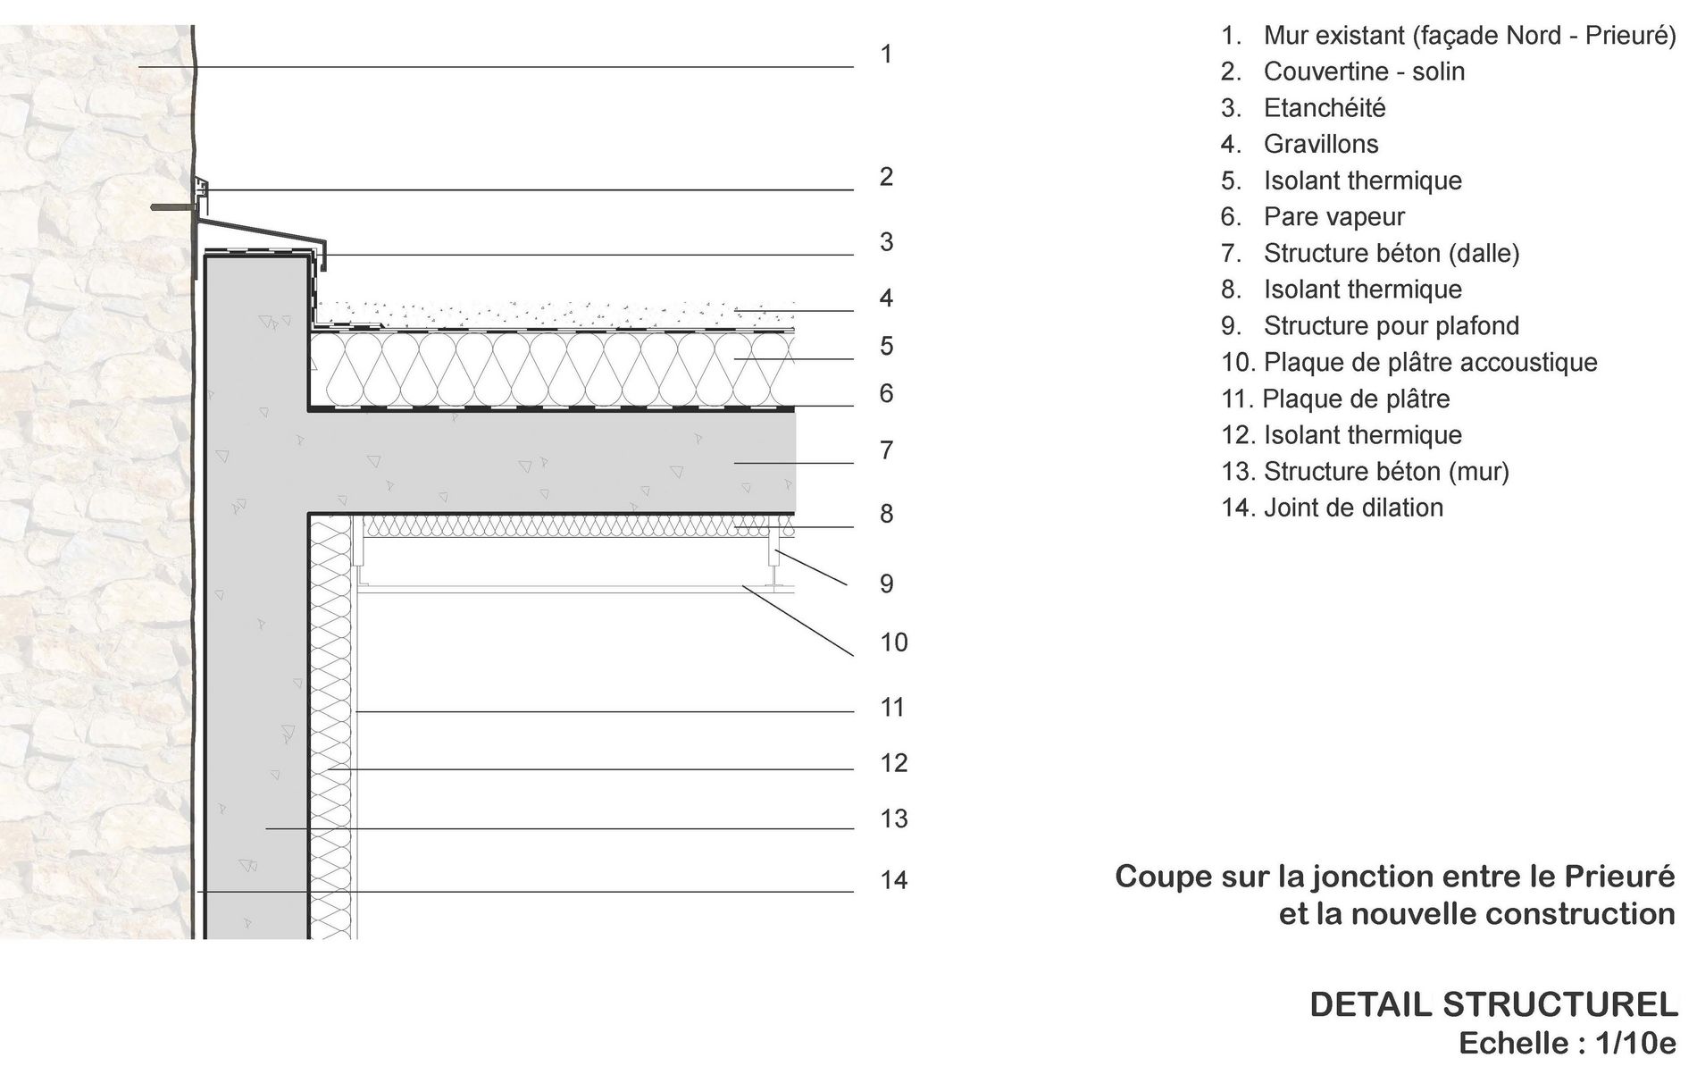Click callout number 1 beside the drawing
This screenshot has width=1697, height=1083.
coord(886,55)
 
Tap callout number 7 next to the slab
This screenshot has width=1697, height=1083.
coord(886,450)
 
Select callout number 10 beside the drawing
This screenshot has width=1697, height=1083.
coord(894,642)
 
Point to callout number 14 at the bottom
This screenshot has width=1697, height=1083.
coord(894,880)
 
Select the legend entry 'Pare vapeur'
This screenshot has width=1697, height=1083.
coord(1333,217)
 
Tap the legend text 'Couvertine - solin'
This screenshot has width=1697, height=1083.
coord(1364,71)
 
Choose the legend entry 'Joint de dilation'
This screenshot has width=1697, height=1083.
coord(1353,508)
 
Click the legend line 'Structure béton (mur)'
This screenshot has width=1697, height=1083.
coord(1386,472)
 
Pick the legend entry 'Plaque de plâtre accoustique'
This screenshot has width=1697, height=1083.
coord(1430,363)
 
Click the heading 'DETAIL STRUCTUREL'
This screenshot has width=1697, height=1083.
coord(1493,1005)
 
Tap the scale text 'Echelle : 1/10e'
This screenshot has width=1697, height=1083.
coord(1567,1044)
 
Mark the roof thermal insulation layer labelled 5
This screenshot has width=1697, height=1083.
coord(552,370)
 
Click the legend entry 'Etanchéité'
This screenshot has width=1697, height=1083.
coord(1325,108)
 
